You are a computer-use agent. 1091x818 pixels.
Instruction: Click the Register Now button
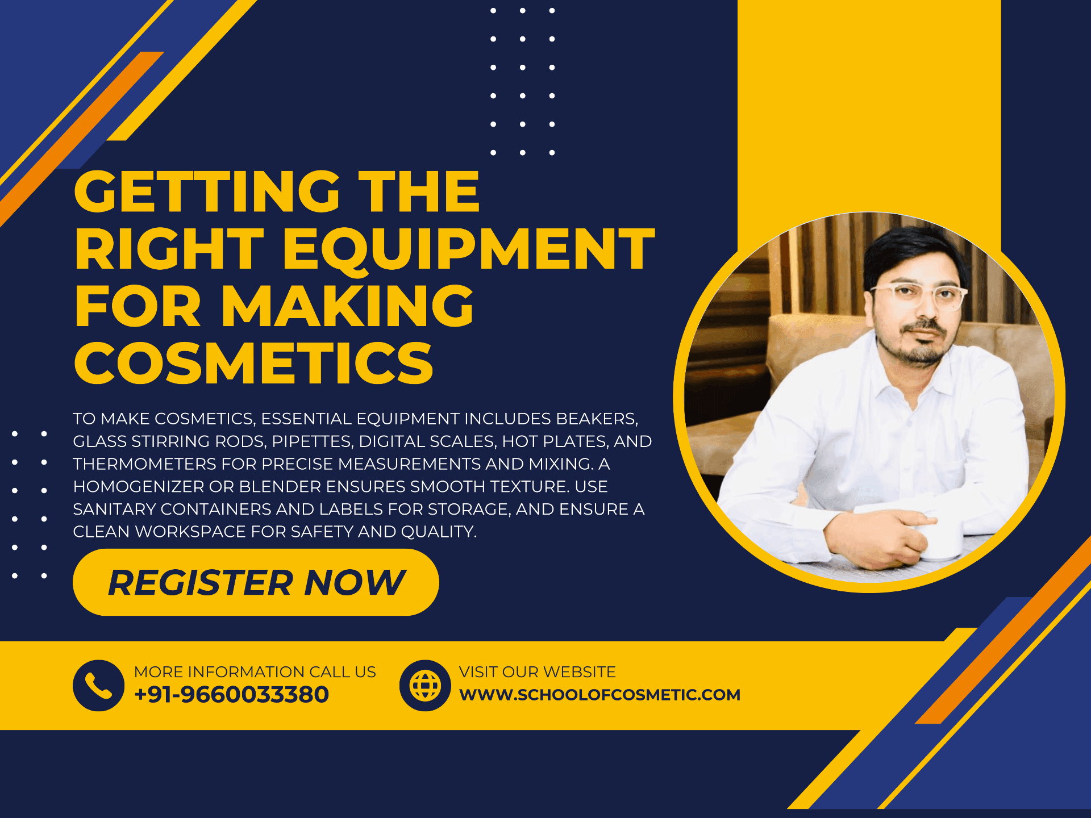coord(256,582)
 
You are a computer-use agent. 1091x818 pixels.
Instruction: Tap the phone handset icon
coord(98,686)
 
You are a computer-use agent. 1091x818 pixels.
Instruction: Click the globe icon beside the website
coord(425,686)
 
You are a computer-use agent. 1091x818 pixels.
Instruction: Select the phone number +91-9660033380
coord(231,695)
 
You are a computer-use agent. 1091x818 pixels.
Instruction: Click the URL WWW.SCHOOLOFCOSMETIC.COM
coord(599,695)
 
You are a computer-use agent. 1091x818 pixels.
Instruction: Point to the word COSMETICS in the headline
coord(254,363)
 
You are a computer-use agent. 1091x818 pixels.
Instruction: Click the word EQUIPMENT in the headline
coord(469,249)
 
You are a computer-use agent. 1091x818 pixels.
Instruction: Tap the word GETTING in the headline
coord(207,191)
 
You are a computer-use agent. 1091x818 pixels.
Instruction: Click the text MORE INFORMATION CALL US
coord(255,672)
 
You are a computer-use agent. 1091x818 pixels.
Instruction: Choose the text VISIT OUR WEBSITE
coord(538,672)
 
